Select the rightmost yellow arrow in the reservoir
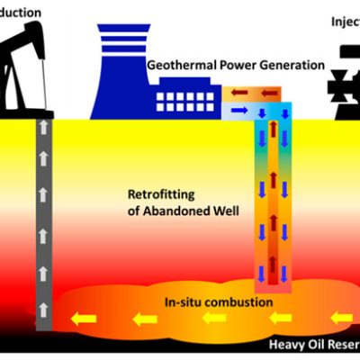[x=339, y=318]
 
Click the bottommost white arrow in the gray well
[x=43, y=310]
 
